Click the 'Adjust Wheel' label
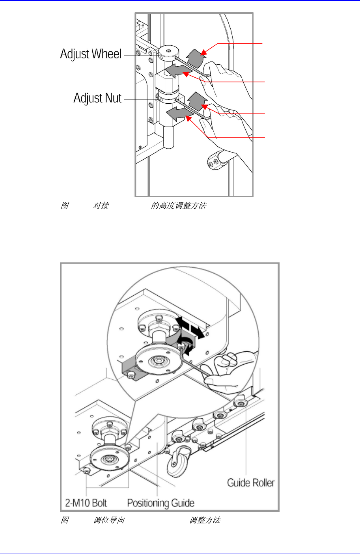pos(91,54)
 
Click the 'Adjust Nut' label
pos(97,98)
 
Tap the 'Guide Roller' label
pos(251,483)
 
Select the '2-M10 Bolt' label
pos(86,503)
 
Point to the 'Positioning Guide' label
pos(160,503)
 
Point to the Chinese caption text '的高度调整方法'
pos(179,205)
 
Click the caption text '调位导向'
pos(109,520)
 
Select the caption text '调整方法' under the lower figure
pos(205,520)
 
